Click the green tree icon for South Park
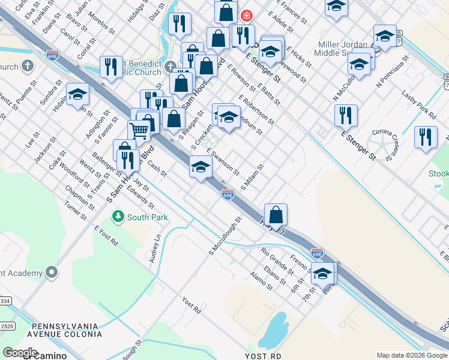tap(118, 217)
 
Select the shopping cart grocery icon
tap(139, 130)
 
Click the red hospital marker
tap(246, 16)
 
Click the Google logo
tap(20, 353)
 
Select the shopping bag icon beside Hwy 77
tap(276, 214)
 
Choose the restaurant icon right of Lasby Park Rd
tap(426, 137)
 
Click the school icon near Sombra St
tap(77, 94)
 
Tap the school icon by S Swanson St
tap(200, 166)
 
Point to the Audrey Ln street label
tap(155, 249)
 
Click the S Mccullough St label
tap(224, 235)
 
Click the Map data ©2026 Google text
tap(412, 355)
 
